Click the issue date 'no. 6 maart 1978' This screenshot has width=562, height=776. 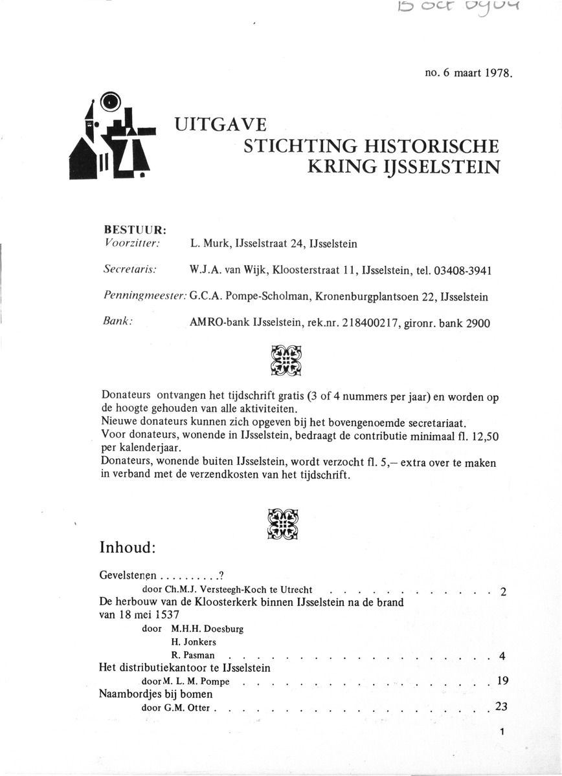click(x=468, y=73)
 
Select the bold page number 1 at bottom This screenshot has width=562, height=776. click(x=502, y=733)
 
